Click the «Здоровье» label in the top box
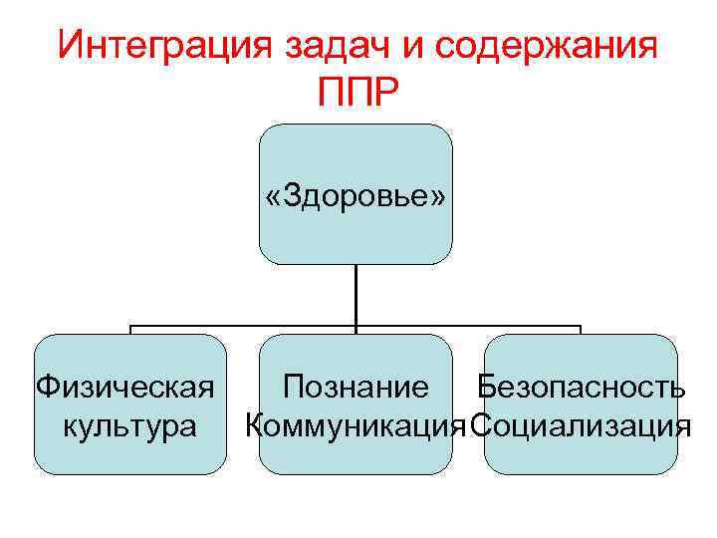click(x=356, y=195)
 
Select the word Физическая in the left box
click(x=125, y=386)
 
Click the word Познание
click(x=356, y=386)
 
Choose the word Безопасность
click(x=580, y=386)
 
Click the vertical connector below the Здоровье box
click(x=356, y=295)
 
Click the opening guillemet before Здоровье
click(x=272, y=197)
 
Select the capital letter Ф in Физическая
click(x=45, y=386)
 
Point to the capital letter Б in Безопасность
click(x=486, y=386)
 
